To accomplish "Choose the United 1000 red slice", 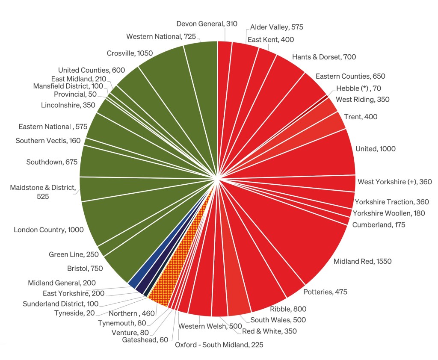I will coord(325,154).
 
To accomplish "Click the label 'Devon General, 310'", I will coord(207,24).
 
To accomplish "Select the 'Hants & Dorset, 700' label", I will coord(324,57).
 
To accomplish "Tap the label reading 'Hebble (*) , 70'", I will coord(358,89).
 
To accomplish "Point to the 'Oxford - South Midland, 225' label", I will coord(219,345).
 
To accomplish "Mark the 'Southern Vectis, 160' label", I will coord(48,141).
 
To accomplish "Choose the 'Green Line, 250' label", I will coord(74,254).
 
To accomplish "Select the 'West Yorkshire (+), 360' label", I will coord(394,182).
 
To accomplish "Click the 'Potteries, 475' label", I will coord(325,292).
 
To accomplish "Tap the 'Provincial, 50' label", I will coord(75,94).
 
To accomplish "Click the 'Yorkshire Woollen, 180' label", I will coord(389,213).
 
